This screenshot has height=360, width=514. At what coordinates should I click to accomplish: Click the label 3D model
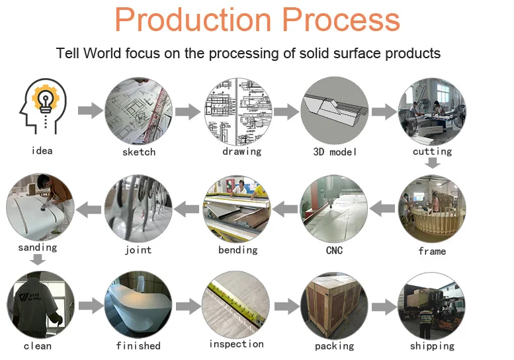[335, 152]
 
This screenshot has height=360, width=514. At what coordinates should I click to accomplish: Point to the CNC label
[335, 251]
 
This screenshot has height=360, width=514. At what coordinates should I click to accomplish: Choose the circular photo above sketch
[138, 111]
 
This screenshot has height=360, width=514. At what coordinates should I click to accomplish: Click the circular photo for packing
[335, 306]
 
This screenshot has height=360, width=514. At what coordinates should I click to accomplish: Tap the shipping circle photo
[432, 306]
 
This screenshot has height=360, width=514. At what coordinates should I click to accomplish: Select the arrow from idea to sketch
[91, 111]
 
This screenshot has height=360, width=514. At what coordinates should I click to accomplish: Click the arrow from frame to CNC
[382, 210]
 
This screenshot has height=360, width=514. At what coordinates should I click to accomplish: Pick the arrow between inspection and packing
[286, 306]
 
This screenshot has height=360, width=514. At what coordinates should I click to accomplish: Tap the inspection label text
[236, 344]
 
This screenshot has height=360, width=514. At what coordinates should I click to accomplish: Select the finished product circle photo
[138, 306]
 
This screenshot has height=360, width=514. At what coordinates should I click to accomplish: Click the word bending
[237, 249]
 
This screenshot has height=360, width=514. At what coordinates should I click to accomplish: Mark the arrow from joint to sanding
[89, 210]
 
